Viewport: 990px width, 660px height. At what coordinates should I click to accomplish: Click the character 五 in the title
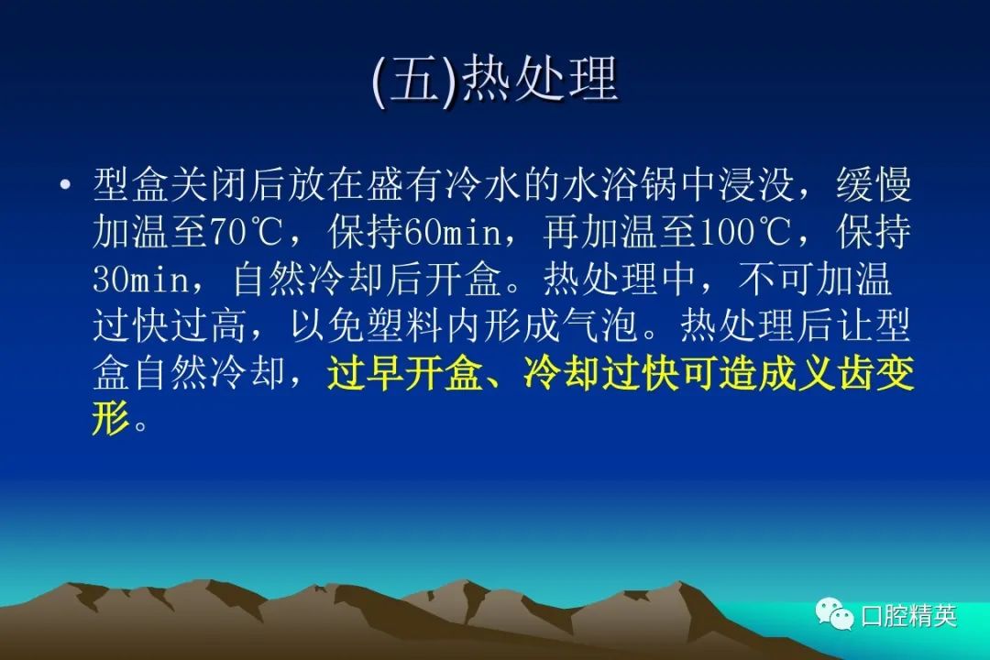416,80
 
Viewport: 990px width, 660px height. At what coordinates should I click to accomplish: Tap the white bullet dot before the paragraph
64,185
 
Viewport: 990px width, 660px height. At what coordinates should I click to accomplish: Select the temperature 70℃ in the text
245,233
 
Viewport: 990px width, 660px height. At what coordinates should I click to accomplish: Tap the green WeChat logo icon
834,613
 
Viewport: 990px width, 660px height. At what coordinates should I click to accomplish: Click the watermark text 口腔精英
908,615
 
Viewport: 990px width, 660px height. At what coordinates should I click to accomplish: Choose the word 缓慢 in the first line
874,186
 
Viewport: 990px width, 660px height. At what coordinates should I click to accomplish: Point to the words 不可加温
815,280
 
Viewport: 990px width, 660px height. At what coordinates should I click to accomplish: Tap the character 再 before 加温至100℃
561,233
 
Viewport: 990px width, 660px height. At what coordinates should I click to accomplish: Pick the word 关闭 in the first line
209,186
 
